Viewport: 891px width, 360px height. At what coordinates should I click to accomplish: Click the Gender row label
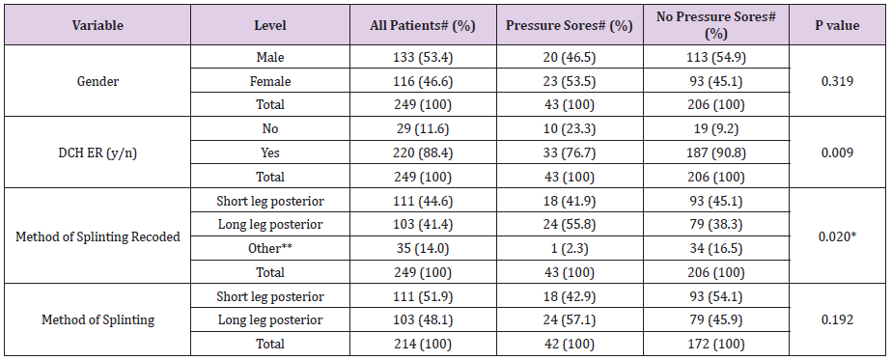pos(97,82)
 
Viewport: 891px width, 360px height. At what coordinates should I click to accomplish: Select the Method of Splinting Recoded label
pos(97,237)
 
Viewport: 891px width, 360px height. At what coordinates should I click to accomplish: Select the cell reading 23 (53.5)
pos(569,82)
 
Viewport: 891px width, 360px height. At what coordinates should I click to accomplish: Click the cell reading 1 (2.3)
pos(569,249)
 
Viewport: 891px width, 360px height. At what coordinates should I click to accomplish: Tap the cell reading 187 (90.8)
pos(715,152)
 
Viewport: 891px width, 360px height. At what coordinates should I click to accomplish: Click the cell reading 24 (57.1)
pos(569,319)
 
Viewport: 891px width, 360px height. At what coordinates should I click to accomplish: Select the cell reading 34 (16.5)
pos(715,249)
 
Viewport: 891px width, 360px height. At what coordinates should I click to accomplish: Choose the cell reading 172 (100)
pos(715,343)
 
